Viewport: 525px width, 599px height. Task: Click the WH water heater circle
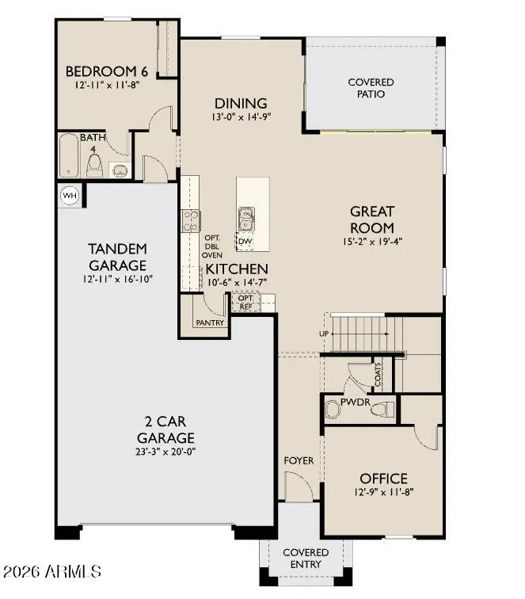[x=70, y=196]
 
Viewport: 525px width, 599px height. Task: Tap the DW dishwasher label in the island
[x=245, y=242]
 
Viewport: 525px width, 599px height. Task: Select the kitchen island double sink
[x=246, y=219]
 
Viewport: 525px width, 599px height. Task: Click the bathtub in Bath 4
[x=69, y=155]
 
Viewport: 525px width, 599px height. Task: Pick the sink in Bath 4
[x=120, y=170]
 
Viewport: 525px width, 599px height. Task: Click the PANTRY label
[x=210, y=322]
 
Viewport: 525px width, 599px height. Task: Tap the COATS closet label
[x=378, y=374]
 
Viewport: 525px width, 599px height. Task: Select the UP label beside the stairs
[x=324, y=334]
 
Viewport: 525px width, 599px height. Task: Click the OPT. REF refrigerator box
[x=246, y=302]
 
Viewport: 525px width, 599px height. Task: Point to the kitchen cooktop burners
[x=191, y=221]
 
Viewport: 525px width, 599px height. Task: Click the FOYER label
[x=299, y=460]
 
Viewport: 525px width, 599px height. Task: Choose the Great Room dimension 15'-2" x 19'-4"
[x=372, y=242]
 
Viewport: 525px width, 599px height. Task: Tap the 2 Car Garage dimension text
[x=165, y=452]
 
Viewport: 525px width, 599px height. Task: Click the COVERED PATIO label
[x=371, y=88]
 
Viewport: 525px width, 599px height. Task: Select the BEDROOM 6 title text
[x=107, y=71]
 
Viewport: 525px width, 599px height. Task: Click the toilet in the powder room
[x=385, y=409]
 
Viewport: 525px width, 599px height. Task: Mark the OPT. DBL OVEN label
[x=212, y=246]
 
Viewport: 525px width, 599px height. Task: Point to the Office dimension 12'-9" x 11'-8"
[x=384, y=492]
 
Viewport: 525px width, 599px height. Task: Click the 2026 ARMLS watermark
[x=52, y=572]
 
